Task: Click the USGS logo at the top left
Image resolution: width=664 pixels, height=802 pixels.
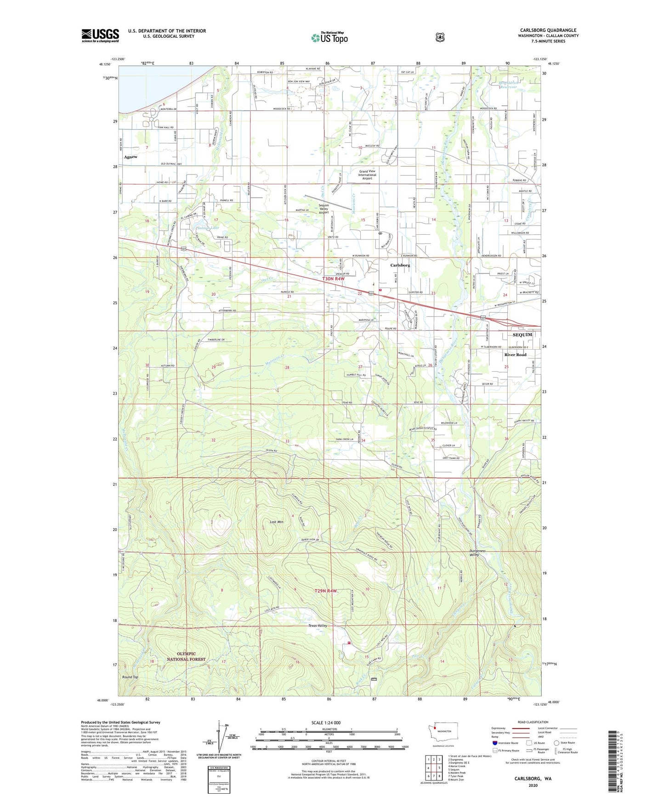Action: tap(100, 35)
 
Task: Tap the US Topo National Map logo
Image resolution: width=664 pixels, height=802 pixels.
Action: tap(329, 38)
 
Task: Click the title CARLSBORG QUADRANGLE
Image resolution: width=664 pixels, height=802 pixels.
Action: tap(548, 30)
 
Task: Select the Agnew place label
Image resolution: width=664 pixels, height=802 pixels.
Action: tap(131, 157)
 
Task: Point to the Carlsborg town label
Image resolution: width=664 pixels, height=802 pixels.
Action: tap(400, 265)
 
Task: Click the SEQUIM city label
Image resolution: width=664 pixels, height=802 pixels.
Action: tap(522, 335)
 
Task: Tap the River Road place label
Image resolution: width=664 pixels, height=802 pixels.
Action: tap(515, 355)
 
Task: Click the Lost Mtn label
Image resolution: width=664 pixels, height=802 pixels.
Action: tap(277, 522)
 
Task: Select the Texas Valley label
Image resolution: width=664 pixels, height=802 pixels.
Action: tap(318, 626)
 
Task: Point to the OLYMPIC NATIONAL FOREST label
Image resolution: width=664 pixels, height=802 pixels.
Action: tap(186, 656)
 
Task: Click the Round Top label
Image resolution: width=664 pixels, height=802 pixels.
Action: tap(130, 677)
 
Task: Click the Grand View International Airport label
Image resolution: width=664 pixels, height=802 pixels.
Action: tap(367, 175)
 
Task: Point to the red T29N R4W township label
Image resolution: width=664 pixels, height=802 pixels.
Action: tap(326, 591)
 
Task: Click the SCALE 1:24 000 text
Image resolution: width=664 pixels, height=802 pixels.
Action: tap(326, 723)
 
